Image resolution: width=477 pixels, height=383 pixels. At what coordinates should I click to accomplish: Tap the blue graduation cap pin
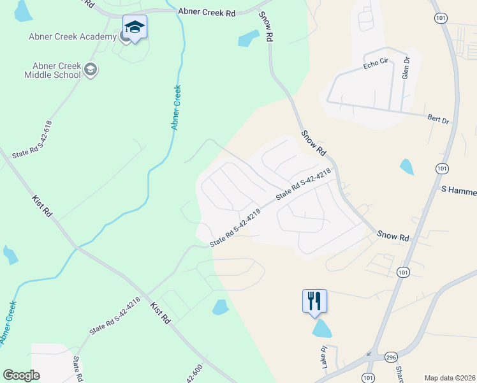click(135, 27)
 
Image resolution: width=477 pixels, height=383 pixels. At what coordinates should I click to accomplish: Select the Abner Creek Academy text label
click(72, 36)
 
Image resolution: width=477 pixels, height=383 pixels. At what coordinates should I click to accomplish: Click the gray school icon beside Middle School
click(91, 70)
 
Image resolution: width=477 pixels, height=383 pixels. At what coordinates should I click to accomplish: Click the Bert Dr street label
click(438, 119)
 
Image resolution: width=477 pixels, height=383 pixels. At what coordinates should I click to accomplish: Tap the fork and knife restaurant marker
click(314, 301)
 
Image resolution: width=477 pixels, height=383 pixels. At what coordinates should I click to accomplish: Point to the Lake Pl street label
click(324, 357)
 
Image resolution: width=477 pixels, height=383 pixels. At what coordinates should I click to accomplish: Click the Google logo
click(21, 375)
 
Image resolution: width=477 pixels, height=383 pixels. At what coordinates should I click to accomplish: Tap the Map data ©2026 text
click(450, 378)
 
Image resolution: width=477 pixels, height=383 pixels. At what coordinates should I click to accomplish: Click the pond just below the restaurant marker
click(322, 329)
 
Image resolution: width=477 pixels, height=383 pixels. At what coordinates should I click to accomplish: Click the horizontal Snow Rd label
click(392, 236)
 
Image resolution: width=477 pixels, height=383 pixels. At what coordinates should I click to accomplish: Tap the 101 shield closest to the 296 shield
click(368, 377)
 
